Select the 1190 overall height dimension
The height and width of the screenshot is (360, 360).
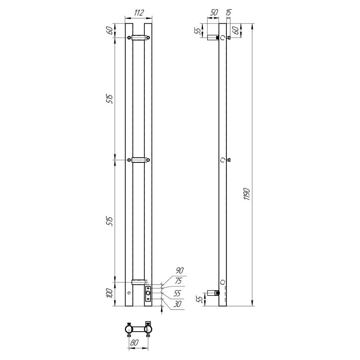(247, 194)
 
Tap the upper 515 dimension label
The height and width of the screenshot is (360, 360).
(110, 99)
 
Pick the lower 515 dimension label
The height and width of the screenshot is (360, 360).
(110, 221)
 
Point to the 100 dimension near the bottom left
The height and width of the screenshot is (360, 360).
(110, 293)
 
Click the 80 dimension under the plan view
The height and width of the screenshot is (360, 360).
(134, 343)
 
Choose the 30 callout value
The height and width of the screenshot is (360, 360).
(177, 304)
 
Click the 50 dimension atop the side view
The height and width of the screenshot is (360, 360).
(214, 13)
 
